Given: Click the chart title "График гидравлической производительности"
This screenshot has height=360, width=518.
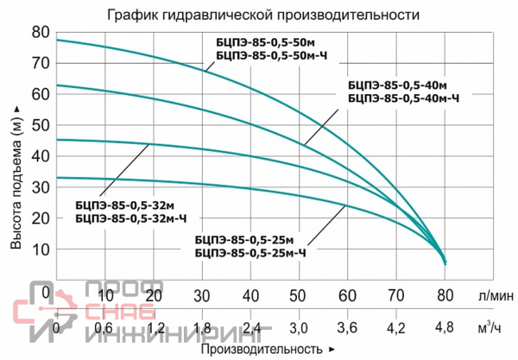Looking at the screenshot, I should [x=252, y=16].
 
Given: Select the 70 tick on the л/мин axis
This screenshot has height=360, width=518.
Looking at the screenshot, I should [x=396, y=294].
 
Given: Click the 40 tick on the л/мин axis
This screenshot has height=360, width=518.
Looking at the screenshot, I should [x=250, y=294].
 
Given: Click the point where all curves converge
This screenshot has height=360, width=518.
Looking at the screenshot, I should [x=445, y=262].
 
